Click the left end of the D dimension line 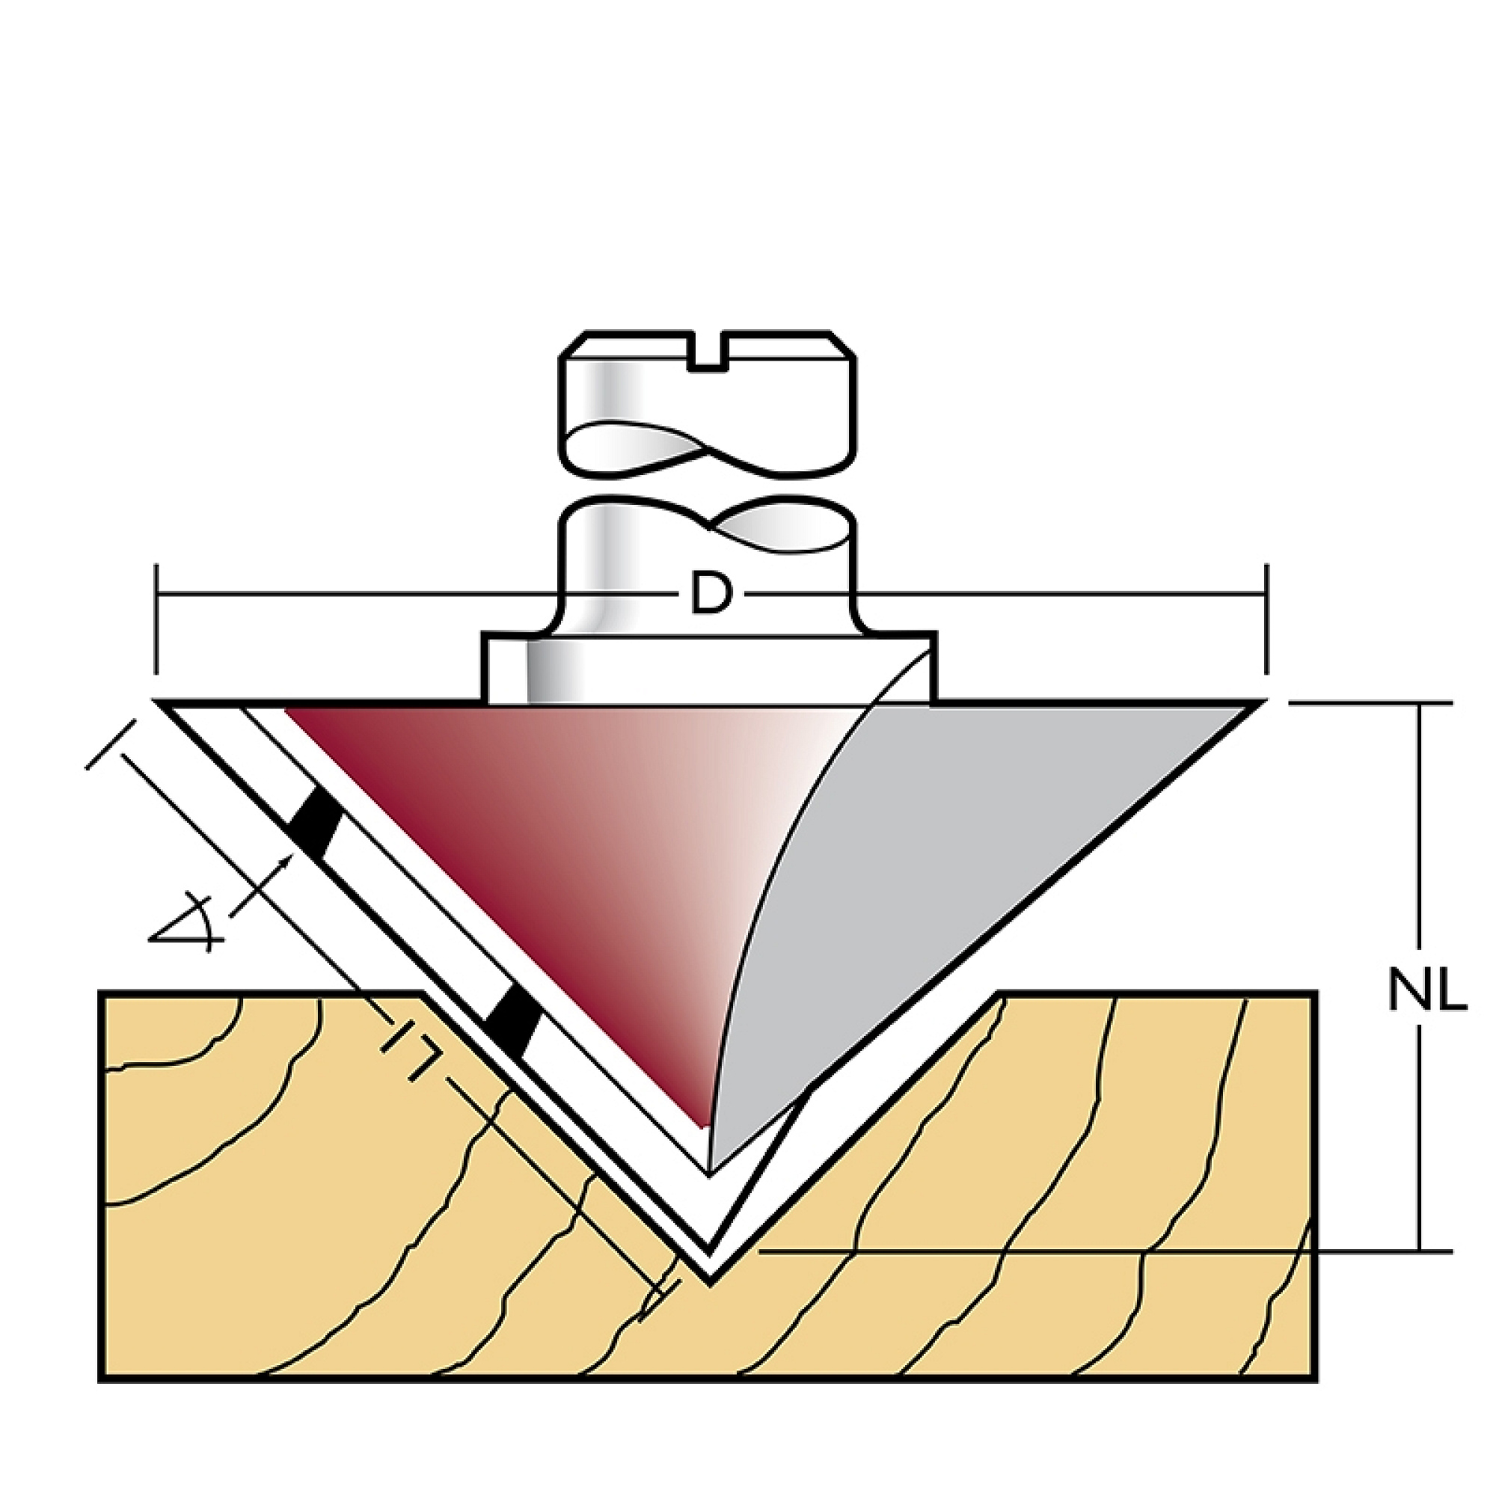[x=157, y=595]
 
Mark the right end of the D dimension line [x=1267, y=595]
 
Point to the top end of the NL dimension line [x=1420, y=703]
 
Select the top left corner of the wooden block [x=100, y=993]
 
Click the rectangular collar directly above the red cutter [x=709, y=667]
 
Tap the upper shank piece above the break [x=708, y=406]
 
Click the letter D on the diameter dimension [x=710, y=595]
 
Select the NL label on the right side [x=1427, y=991]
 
